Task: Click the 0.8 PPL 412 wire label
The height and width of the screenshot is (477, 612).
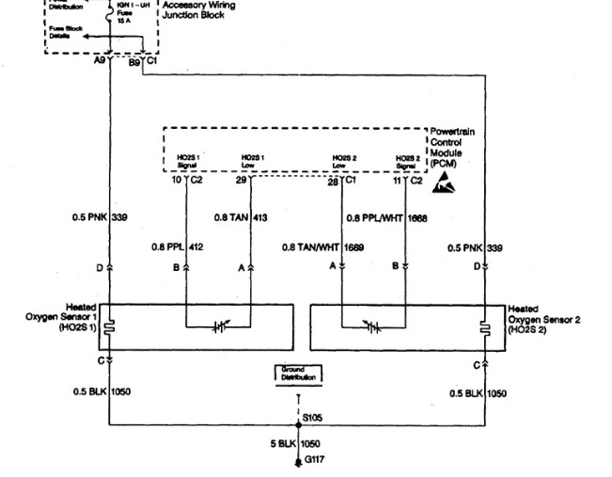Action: pyautogui.click(x=179, y=247)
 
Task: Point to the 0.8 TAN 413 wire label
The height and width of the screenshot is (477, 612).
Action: pyautogui.click(x=242, y=217)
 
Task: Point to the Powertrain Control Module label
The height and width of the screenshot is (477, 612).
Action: pyautogui.click(x=452, y=148)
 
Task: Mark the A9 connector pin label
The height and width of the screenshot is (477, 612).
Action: pyautogui.click(x=100, y=59)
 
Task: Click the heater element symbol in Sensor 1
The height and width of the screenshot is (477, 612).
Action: pyautogui.click(x=109, y=327)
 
